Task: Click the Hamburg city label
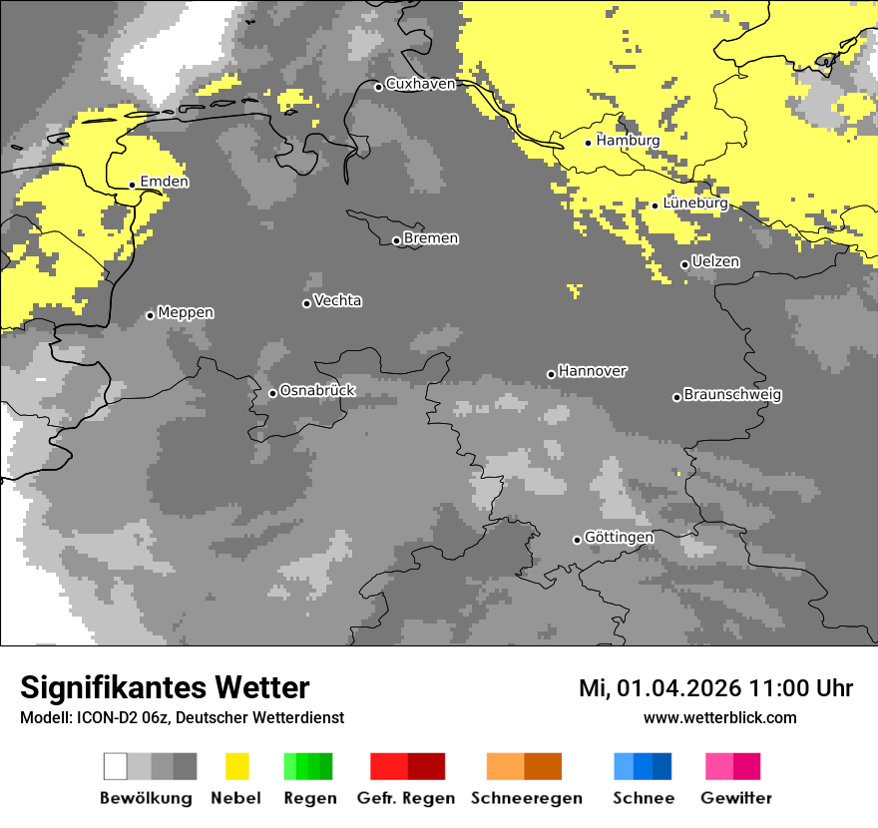point(628,141)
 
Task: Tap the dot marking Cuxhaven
point(379,87)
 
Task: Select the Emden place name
point(164,182)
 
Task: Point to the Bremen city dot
point(396,240)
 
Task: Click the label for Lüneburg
point(695,204)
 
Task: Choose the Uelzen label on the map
point(715,261)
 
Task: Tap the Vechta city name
point(337,300)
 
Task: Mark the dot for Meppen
point(151,315)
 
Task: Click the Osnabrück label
point(317,390)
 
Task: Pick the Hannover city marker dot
point(551,374)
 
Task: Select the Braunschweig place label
point(732,394)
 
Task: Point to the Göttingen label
point(619,537)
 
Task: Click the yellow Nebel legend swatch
point(236,766)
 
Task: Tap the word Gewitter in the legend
point(736,798)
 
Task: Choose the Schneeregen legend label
point(527,798)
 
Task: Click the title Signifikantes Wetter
point(165,687)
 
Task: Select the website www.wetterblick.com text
point(719,717)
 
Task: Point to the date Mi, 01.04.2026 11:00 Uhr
point(715,688)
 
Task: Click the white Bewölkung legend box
point(116,766)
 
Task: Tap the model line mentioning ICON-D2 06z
point(182,717)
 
